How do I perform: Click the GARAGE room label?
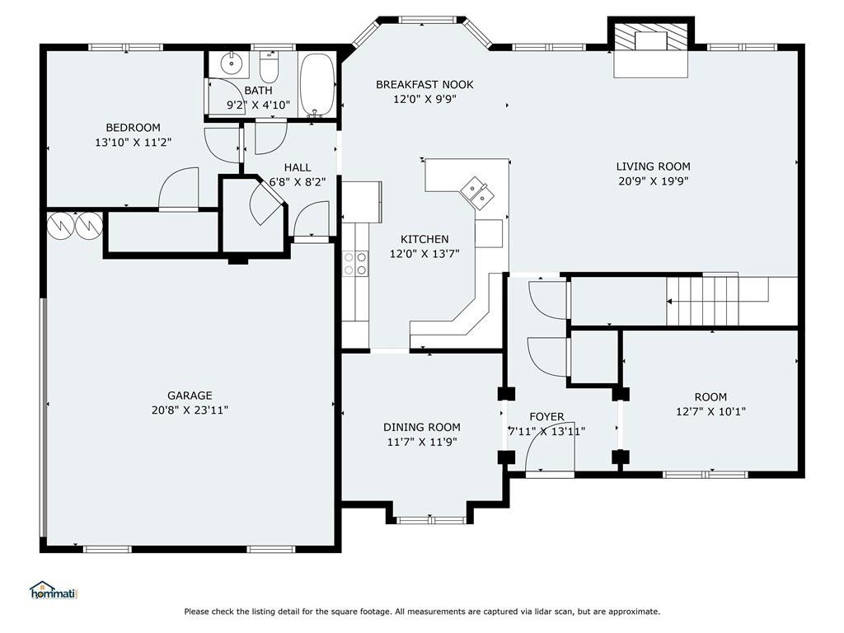pos(190,395)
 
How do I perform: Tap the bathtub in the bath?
pos(317,85)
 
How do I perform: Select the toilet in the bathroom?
pos(268,67)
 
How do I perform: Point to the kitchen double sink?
pos(475,193)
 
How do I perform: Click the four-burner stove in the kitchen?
pos(355,264)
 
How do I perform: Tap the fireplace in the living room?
pos(651,49)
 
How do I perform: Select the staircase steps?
pos(702,300)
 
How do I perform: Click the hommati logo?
pos(54,590)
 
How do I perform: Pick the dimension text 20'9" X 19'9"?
pos(654,181)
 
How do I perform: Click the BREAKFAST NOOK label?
pos(424,85)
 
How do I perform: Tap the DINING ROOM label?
pos(422,428)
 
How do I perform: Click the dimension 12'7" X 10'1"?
pos(711,412)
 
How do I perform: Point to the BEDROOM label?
pos(133,128)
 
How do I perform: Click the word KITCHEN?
pos(424,239)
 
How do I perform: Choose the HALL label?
pos(298,167)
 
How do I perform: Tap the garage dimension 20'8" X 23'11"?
pos(190,410)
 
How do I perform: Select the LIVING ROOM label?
pos(654,166)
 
